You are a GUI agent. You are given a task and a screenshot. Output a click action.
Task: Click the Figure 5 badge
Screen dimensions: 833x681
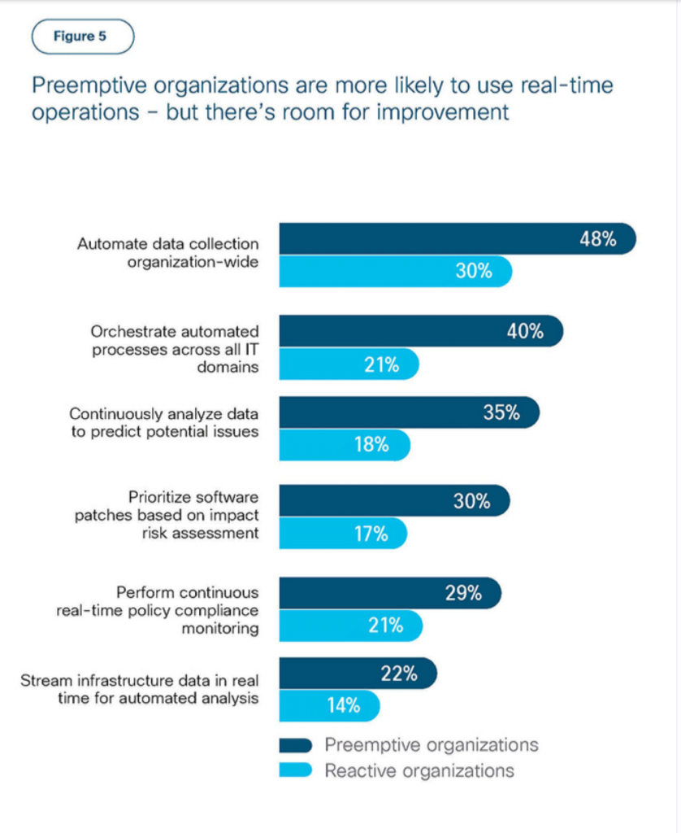pyautogui.click(x=82, y=37)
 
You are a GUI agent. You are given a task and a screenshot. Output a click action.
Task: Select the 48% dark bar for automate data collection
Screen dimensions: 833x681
pyautogui.click(x=455, y=239)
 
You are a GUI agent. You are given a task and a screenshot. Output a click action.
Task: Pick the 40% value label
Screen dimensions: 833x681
pyautogui.click(x=524, y=332)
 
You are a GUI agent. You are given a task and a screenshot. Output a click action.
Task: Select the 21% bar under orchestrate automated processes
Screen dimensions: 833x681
pyautogui.click(x=349, y=365)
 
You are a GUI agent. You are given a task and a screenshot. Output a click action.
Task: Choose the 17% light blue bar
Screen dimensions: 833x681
pyautogui.click(x=342, y=534)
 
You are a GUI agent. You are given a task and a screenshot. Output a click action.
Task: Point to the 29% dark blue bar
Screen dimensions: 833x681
pyautogui.click(x=390, y=593)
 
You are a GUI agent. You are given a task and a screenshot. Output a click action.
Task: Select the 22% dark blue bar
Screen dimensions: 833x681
pyautogui.click(x=358, y=673)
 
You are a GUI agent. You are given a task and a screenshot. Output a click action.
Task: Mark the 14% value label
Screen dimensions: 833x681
pyautogui.click(x=343, y=705)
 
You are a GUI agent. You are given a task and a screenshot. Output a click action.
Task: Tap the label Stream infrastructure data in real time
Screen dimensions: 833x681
pyautogui.click(x=140, y=688)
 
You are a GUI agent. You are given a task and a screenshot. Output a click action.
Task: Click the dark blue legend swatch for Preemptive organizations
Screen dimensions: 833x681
pyautogui.click(x=296, y=745)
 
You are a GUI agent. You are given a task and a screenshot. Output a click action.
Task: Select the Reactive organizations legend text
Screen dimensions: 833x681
pyautogui.click(x=419, y=770)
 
